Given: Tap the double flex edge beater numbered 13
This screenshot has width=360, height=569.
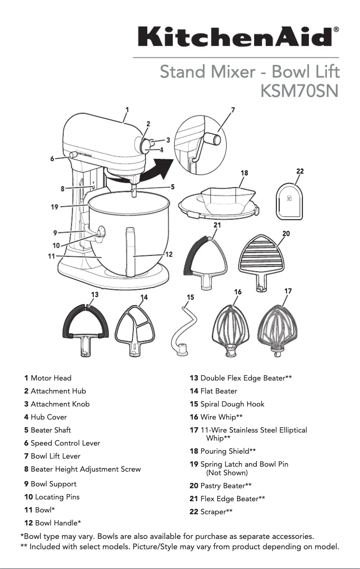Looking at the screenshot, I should (85, 332).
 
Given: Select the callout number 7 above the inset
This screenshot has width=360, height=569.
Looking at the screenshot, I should (233, 110).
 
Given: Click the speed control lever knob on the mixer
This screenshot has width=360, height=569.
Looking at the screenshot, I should (72, 155).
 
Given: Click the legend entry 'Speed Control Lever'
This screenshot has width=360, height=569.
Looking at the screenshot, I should (65, 443).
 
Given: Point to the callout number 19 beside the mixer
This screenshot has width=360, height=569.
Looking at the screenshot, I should (54, 207).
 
